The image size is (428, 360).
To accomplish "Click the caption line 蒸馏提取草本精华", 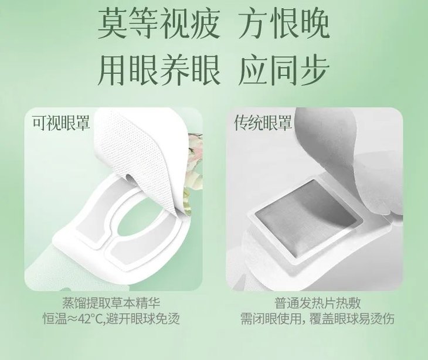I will click(111, 303).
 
